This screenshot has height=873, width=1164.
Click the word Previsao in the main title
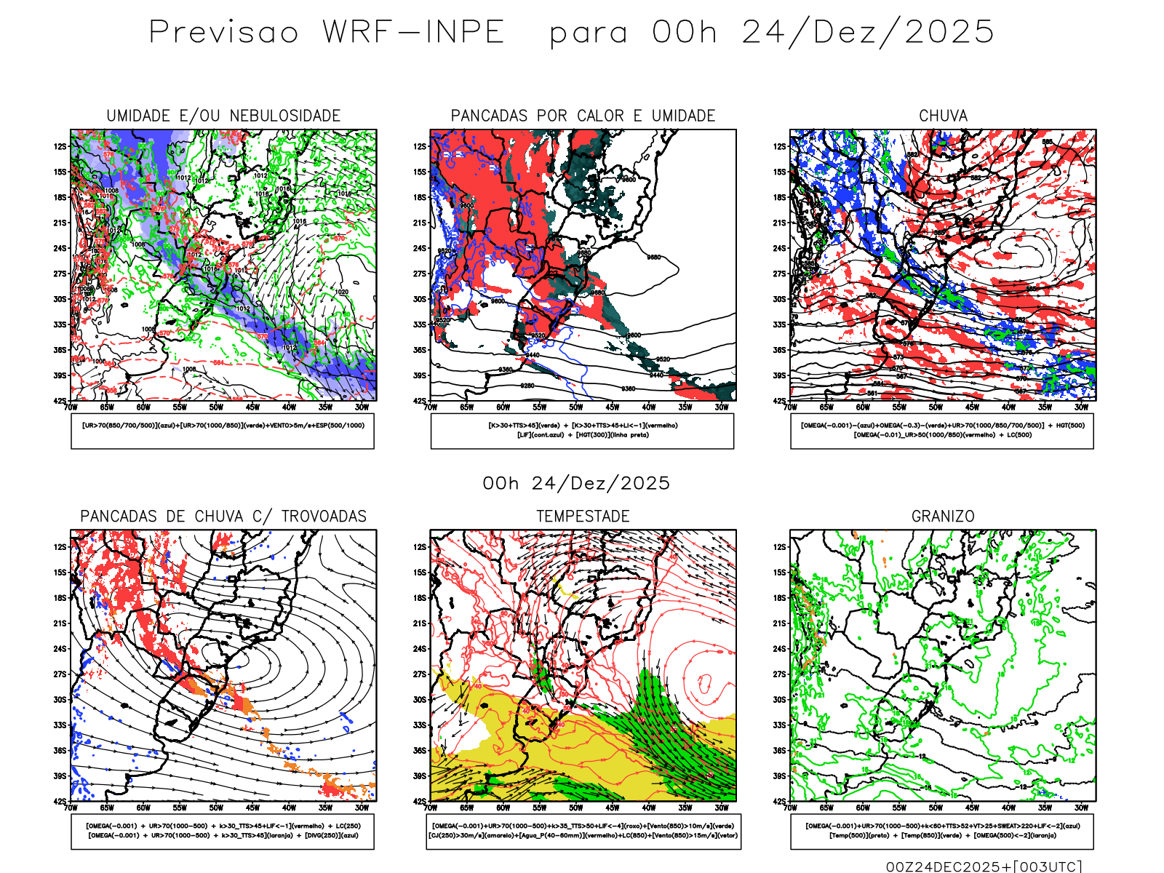tap(223, 33)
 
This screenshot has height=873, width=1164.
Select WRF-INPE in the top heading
tap(413, 33)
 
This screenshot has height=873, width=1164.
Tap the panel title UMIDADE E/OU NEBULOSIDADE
tap(223, 116)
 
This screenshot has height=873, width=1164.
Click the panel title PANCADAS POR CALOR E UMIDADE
tap(583, 116)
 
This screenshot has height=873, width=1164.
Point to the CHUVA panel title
tap(943, 116)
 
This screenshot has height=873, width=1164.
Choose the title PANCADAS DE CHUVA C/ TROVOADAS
tap(223, 517)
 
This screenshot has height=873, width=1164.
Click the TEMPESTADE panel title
tap(583, 517)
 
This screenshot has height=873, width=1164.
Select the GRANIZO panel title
tap(943, 517)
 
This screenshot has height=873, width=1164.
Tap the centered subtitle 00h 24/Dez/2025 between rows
tap(576, 483)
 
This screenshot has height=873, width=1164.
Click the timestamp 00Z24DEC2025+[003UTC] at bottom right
tap(984, 866)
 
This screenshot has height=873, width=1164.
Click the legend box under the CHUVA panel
tap(942, 431)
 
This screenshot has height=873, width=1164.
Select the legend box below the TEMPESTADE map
tap(583, 831)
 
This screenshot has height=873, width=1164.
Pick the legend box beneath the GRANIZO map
tap(942, 831)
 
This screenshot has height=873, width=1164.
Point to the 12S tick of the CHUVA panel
tap(780, 147)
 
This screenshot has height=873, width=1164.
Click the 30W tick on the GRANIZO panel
tap(1081, 808)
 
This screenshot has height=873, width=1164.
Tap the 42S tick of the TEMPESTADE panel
tap(420, 802)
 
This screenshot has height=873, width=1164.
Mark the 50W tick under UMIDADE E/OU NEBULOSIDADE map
tap(216, 407)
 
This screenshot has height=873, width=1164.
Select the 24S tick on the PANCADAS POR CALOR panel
tap(420, 249)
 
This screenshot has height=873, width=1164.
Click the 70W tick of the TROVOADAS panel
tap(71, 808)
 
